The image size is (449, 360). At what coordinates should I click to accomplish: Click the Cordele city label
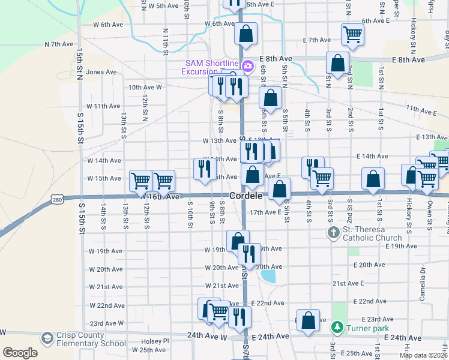click(245, 196)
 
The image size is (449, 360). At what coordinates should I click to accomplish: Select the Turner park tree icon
click(336, 328)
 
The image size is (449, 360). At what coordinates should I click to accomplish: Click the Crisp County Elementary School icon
click(46, 339)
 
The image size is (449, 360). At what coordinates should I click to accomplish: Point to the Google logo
click(20, 353)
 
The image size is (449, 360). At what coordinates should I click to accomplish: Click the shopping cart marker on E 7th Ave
click(352, 34)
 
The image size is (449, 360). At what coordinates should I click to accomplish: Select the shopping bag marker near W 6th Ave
click(246, 34)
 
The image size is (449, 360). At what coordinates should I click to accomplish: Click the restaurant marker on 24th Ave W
click(240, 317)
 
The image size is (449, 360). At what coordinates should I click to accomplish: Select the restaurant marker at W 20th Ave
click(249, 254)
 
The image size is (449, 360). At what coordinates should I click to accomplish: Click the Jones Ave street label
click(101, 72)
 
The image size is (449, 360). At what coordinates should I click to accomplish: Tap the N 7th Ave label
click(59, 44)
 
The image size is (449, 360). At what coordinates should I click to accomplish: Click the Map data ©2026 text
click(423, 355)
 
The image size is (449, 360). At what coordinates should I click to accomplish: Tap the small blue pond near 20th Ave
click(268, 277)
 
